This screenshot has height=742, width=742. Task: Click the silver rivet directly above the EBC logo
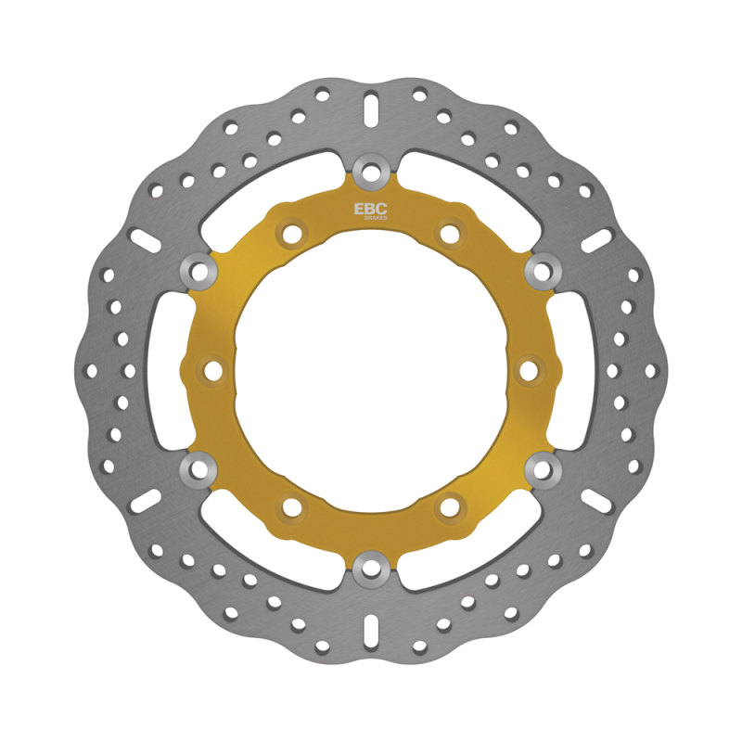pos(371,170)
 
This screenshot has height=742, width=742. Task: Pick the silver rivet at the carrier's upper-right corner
pos(542,270)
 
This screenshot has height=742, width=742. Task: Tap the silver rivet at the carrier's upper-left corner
pos(199,270)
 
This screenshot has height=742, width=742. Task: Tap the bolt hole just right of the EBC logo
pos(450,232)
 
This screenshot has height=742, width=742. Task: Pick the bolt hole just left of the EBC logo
pos(292,232)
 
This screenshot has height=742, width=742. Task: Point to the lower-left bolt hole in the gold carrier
pos(292,506)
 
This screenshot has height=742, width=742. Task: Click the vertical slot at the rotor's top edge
pos(371,109)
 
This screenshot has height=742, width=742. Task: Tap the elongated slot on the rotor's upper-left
pos(147,238)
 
